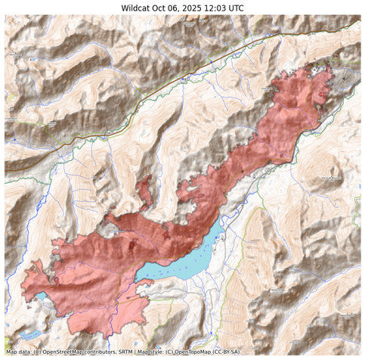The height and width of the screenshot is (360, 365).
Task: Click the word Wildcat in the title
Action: (138, 8)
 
